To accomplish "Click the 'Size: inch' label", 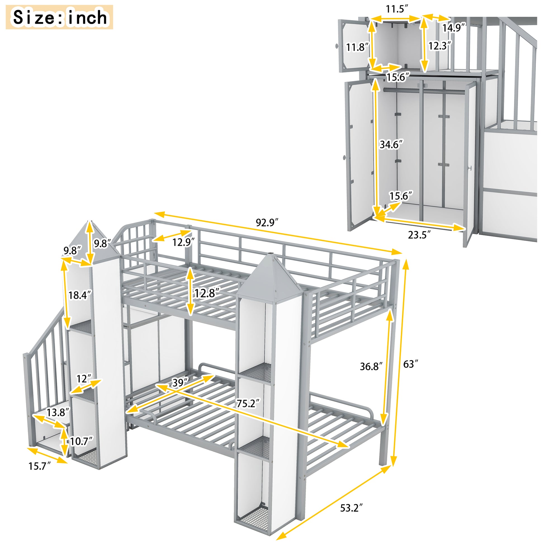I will click(60, 17).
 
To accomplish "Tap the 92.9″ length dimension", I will click(267, 223).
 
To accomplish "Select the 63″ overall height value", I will click(411, 364).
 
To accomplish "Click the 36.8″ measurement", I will click(371, 366).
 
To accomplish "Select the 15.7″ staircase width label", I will click(39, 466).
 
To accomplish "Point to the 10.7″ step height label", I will click(81, 441).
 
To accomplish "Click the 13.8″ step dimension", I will click(58, 413).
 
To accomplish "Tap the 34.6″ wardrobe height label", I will click(391, 145).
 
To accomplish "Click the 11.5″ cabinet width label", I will click(397, 9).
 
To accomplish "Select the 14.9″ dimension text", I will click(453, 28).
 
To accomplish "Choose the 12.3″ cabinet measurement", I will click(440, 46).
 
